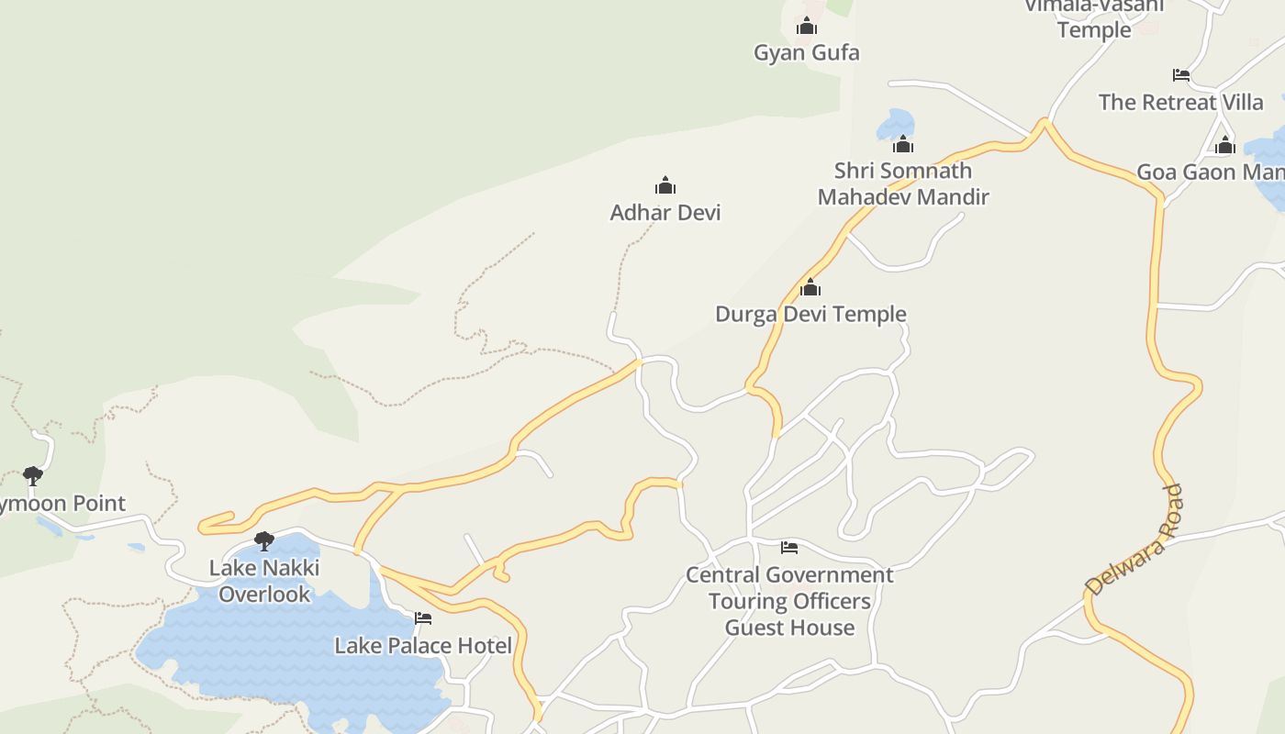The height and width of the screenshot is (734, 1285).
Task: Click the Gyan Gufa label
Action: click(x=807, y=53)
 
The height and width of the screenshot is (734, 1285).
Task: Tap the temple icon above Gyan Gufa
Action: click(x=807, y=27)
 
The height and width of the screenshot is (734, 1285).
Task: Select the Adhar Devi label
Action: click(x=665, y=213)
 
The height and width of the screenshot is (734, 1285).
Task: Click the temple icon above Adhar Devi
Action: click(x=665, y=186)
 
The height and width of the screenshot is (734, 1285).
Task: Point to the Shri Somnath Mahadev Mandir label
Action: click(x=903, y=183)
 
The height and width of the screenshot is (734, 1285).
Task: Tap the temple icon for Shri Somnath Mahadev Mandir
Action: click(x=903, y=144)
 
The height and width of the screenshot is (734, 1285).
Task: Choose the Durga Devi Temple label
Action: click(x=810, y=315)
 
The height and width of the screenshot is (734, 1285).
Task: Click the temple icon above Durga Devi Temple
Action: click(x=810, y=288)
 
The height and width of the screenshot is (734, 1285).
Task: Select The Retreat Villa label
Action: click(x=1181, y=102)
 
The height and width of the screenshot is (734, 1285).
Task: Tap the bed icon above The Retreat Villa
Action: click(x=1181, y=75)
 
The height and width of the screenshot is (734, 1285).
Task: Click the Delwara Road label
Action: click(x=1134, y=539)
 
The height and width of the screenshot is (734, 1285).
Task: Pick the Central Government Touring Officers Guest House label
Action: click(x=789, y=601)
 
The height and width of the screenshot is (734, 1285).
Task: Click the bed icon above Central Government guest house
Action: click(x=789, y=548)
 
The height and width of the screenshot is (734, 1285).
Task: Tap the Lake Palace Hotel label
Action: click(x=423, y=646)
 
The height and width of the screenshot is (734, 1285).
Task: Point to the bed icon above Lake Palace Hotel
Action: click(x=423, y=618)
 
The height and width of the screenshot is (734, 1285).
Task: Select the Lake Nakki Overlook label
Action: click(x=264, y=581)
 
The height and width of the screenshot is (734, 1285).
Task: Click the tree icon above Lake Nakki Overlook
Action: click(x=264, y=540)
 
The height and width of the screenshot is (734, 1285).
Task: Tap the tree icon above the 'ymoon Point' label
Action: click(x=33, y=475)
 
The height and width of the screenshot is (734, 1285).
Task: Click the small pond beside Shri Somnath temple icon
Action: click(x=895, y=123)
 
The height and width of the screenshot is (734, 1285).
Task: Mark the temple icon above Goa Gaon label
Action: click(x=1225, y=145)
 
